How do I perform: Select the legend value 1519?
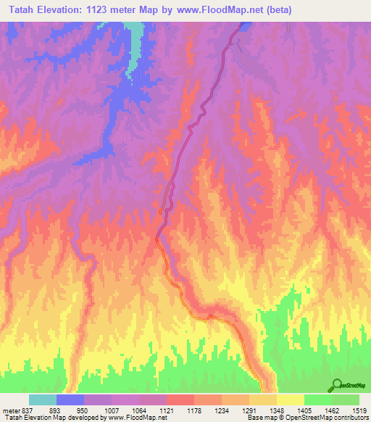pyautogui.click(x=359, y=410)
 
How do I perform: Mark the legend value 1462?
pyautogui.click(x=331, y=410)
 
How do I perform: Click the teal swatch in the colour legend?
pyautogui.click(x=43, y=400)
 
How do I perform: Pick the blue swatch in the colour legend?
pyautogui.click(x=70, y=400)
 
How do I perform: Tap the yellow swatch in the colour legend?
pyautogui.click(x=290, y=400)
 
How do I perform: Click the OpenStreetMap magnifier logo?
pyautogui.click(x=338, y=385)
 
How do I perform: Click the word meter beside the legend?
pyautogui.click(x=9, y=410)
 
